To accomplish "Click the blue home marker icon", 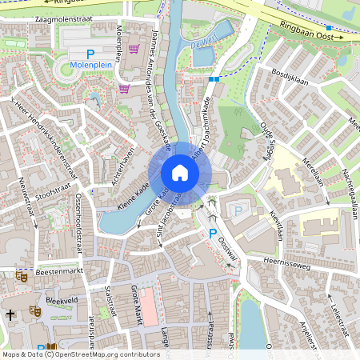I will point(180,173).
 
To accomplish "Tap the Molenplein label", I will point(90,64).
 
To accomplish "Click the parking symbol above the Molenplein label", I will point(90,53).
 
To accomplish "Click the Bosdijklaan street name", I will point(290,73).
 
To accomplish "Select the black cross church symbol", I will point(10,314).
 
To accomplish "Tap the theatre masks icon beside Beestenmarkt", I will point(22,276).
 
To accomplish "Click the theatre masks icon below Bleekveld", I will point(34,310).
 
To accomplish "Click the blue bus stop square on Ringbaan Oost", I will point(328,29).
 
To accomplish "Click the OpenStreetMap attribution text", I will point(80,354).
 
